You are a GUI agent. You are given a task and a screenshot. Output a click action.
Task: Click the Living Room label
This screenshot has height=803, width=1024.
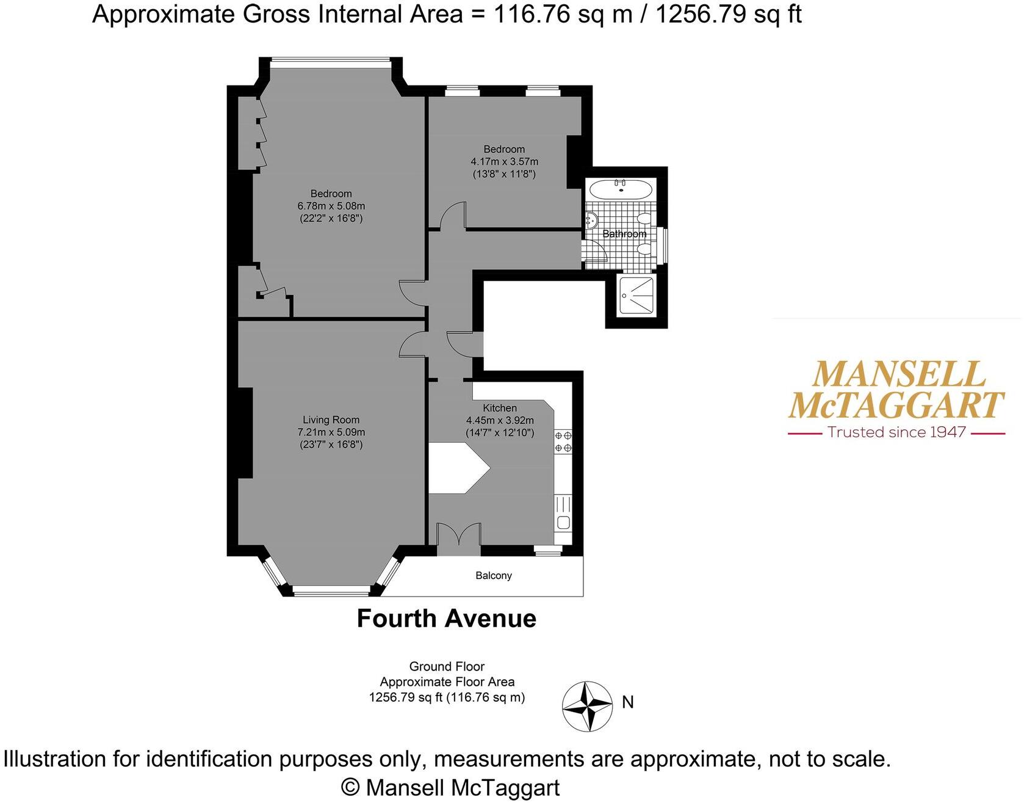[x=331, y=420]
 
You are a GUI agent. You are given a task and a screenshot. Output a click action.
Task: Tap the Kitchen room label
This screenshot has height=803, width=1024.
[x=500, y=408]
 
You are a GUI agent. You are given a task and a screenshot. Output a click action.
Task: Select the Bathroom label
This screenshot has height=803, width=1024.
[x=624, y=234]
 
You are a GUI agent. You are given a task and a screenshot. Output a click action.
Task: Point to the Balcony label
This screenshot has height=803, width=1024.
[x=494, y=575]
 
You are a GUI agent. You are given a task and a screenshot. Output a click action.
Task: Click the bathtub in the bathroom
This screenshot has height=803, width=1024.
[x=621, y=189]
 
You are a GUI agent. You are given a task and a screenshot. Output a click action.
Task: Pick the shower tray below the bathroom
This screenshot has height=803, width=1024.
[x=636, y=296]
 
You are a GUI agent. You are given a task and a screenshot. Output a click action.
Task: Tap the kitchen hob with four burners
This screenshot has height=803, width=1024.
[x=563, y=441]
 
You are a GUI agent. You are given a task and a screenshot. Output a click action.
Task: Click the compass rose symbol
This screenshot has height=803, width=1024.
[x=586, y=706]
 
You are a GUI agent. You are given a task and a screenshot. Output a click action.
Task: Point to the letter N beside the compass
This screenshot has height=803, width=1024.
[x=628, y=702]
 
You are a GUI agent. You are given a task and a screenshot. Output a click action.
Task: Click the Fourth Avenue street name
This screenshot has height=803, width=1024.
[x=446, y=619]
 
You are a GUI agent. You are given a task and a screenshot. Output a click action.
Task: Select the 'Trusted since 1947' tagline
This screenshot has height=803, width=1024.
[x=896, y=432]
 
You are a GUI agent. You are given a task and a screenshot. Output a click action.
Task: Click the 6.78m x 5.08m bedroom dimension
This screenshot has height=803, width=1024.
[x=331, y=206]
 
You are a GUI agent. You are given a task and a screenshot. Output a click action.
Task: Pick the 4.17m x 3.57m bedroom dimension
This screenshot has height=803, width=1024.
[x=504, y=162]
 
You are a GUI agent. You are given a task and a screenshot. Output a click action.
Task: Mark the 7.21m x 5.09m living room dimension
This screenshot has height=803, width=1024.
[x=331, y=432]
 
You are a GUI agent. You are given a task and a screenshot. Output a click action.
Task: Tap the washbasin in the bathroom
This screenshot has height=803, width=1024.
[x=591, y=219]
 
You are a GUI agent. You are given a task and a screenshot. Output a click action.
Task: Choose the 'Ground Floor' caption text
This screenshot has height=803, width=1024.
[x=447, y=666]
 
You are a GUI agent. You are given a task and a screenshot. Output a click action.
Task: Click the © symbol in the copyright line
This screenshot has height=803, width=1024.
[x=350, y=787]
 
